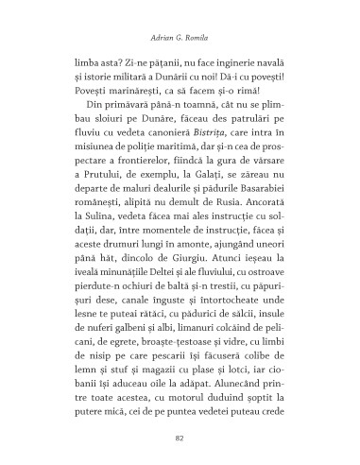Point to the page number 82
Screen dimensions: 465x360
[x=180, y=438]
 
